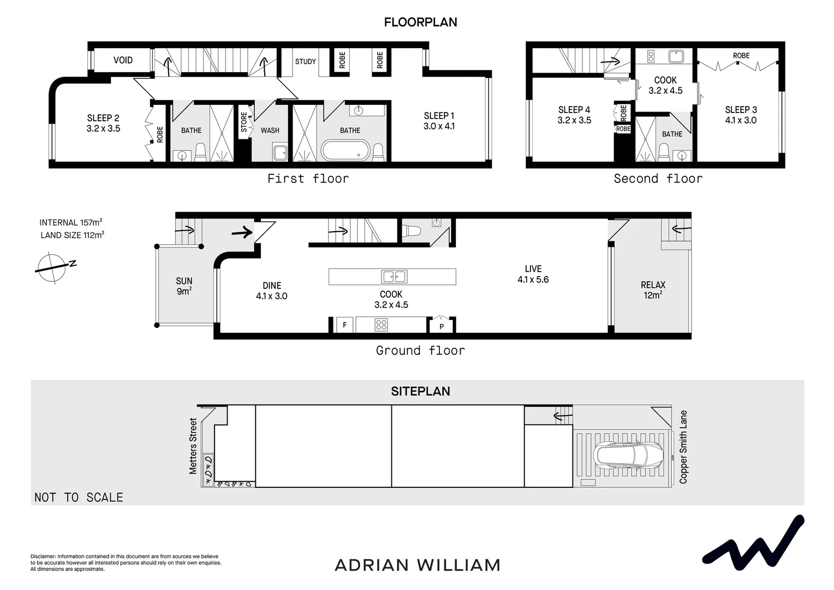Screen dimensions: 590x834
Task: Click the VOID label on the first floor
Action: [x=123, y=60]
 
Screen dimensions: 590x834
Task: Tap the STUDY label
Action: [x=305, y=62]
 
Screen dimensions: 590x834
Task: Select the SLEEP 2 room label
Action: [x=103, y=118]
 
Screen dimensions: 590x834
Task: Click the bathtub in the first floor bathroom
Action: [x=345, y=150]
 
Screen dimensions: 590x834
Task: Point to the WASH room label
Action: [x=270, y=131]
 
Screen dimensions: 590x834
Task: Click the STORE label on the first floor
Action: [x=244, y=122]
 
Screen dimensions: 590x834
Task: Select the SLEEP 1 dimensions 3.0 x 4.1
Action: [x=439, y=126]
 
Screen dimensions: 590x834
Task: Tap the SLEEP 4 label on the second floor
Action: [x=574, y=110]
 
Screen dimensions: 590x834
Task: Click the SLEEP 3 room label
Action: [x=741, y=110]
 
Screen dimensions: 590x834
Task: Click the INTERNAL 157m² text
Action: [x=70, y=222]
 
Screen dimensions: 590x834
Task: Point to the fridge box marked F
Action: [x=344, y=325]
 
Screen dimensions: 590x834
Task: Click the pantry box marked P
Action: [x=442, y=326]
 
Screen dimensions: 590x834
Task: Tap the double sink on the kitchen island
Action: [x=394, y=277]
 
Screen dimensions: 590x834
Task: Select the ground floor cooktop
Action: [x=381, y=325]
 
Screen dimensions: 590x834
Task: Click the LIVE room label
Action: [x=533, y=269]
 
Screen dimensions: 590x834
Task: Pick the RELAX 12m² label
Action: [x=653, y=290]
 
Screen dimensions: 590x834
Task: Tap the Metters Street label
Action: [x=193, y=446]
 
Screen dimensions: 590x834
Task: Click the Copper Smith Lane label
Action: [x=683, y=447]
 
